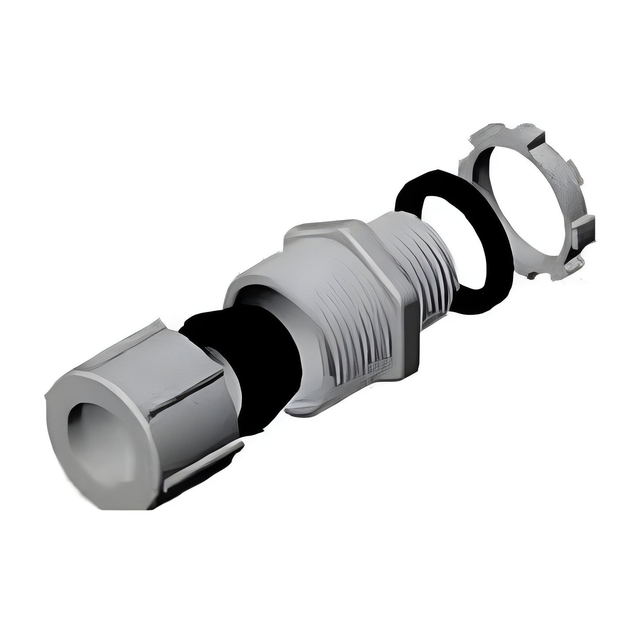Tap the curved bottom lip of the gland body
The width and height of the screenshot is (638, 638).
(x=305, y=406)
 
